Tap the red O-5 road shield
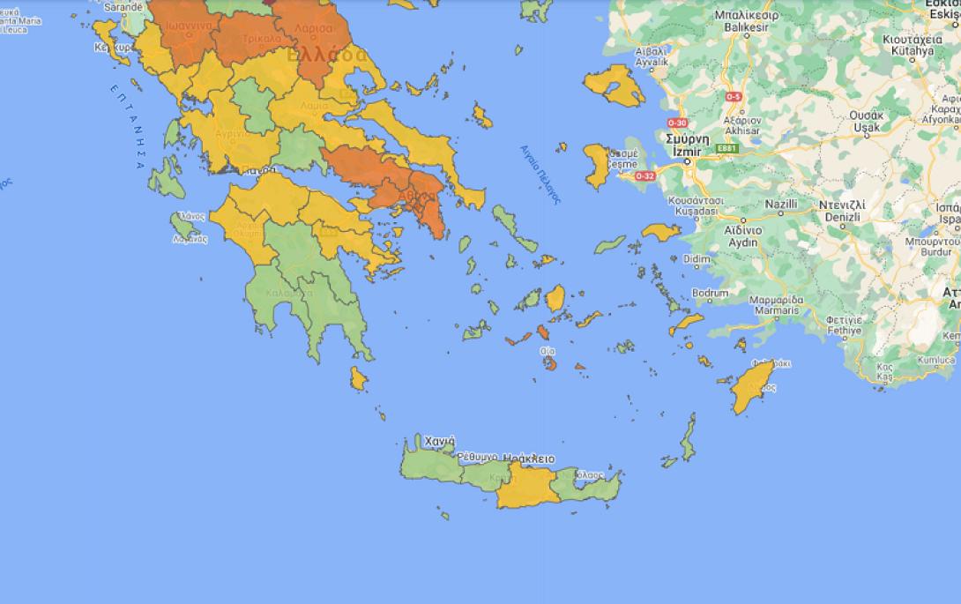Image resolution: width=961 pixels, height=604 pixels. click(x=733, y=95)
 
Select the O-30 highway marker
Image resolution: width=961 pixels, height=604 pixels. click(x=677, y=123)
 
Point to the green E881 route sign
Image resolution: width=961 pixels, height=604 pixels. click(x=727, y=148)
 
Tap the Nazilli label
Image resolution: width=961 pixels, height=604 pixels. click(x=780, y=205)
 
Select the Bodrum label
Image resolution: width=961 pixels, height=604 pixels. click(x=710, y=293)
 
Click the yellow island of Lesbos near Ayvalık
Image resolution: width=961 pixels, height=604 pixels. click(x=609, y=86)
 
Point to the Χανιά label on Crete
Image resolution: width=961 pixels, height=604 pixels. click(x=439, y=441)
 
